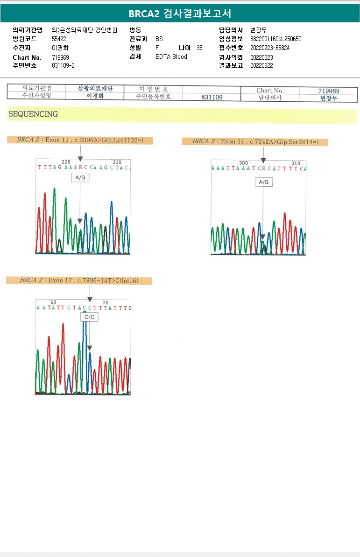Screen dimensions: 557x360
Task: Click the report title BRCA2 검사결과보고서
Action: pos(180,14)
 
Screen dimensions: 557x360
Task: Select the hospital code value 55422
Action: pos(59,39)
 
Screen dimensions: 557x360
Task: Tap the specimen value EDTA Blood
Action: pos(171,56)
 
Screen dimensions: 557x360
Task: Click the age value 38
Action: pos(200,48)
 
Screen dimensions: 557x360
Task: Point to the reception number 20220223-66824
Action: pos(270,48)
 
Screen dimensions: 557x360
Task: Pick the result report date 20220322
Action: pos(261,65)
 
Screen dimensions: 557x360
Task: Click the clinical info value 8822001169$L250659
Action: pos(275,39)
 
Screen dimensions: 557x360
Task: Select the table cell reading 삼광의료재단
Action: pos(95,88)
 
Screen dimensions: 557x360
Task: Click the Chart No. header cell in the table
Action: pos(270,91)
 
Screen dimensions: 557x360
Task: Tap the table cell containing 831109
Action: pos(212,97)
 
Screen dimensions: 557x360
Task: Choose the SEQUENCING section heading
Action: pos(33,114)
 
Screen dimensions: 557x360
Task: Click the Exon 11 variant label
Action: pos(80,140)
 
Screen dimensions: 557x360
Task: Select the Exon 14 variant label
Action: pos(255,141)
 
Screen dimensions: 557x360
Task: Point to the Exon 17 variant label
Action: pos(79,280)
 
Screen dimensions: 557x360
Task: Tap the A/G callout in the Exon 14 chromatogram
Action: pos(264,182)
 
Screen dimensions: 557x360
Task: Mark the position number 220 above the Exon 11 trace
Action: pos(66,162)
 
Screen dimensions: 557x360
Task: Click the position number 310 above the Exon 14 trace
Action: pos(296,163)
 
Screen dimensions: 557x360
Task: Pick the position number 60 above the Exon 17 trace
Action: pos(53,302)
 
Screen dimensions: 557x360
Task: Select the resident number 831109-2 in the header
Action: pos(63,65)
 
